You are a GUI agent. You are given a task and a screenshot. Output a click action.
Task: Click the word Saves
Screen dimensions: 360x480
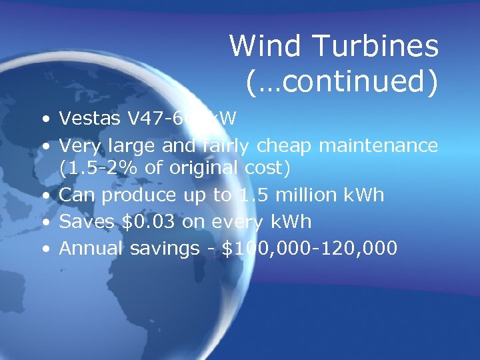click(83, 222)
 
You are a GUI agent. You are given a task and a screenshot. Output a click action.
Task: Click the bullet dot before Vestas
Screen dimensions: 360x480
click(45, 120)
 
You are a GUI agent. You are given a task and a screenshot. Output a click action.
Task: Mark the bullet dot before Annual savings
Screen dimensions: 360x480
click(45, 250)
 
